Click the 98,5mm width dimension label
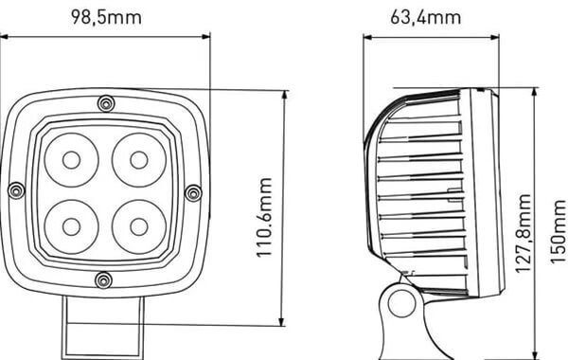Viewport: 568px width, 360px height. point(106,18)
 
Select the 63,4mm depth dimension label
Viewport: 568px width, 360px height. point(425,18)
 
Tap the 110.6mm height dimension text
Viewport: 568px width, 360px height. point(264,218)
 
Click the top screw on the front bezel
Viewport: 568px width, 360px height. point(106,104)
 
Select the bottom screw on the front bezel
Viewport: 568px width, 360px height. point(103,280)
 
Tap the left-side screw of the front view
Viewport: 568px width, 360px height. point(16,190)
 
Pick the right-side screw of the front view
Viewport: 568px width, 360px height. point(193,193)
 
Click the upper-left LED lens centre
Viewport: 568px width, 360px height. point(71,160)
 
